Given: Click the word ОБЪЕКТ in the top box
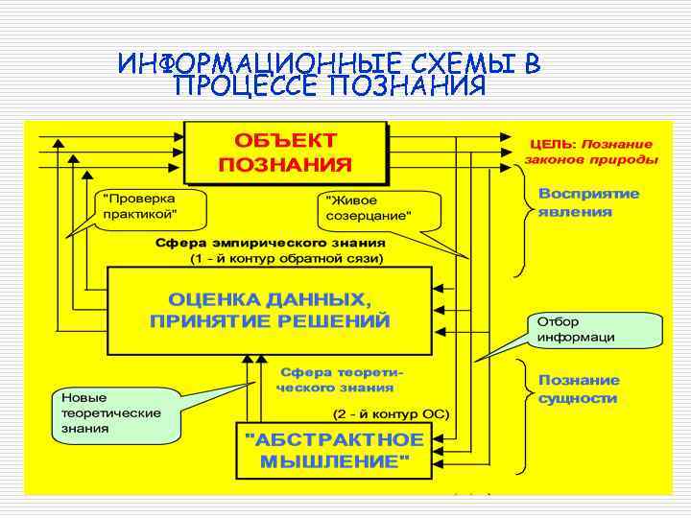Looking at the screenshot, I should pyautogui.click(x=285, y=141).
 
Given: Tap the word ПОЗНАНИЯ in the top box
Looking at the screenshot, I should pyautogui.click(x=285, y=164).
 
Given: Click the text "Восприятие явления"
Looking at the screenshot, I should pyautogui.click(x=588, y=202).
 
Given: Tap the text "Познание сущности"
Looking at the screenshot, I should pyautogui.click(x=579, y=388).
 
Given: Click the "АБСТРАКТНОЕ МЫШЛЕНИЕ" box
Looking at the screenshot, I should pyautogui.click(x=334, y=450).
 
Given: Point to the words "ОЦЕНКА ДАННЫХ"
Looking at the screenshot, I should pyautogui.click(x=270, y=297).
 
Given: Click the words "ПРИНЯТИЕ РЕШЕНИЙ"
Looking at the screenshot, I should pyautogui.click(x=270, y=320).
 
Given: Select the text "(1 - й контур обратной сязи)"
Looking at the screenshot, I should pyautogui.click(x=287, y=259).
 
